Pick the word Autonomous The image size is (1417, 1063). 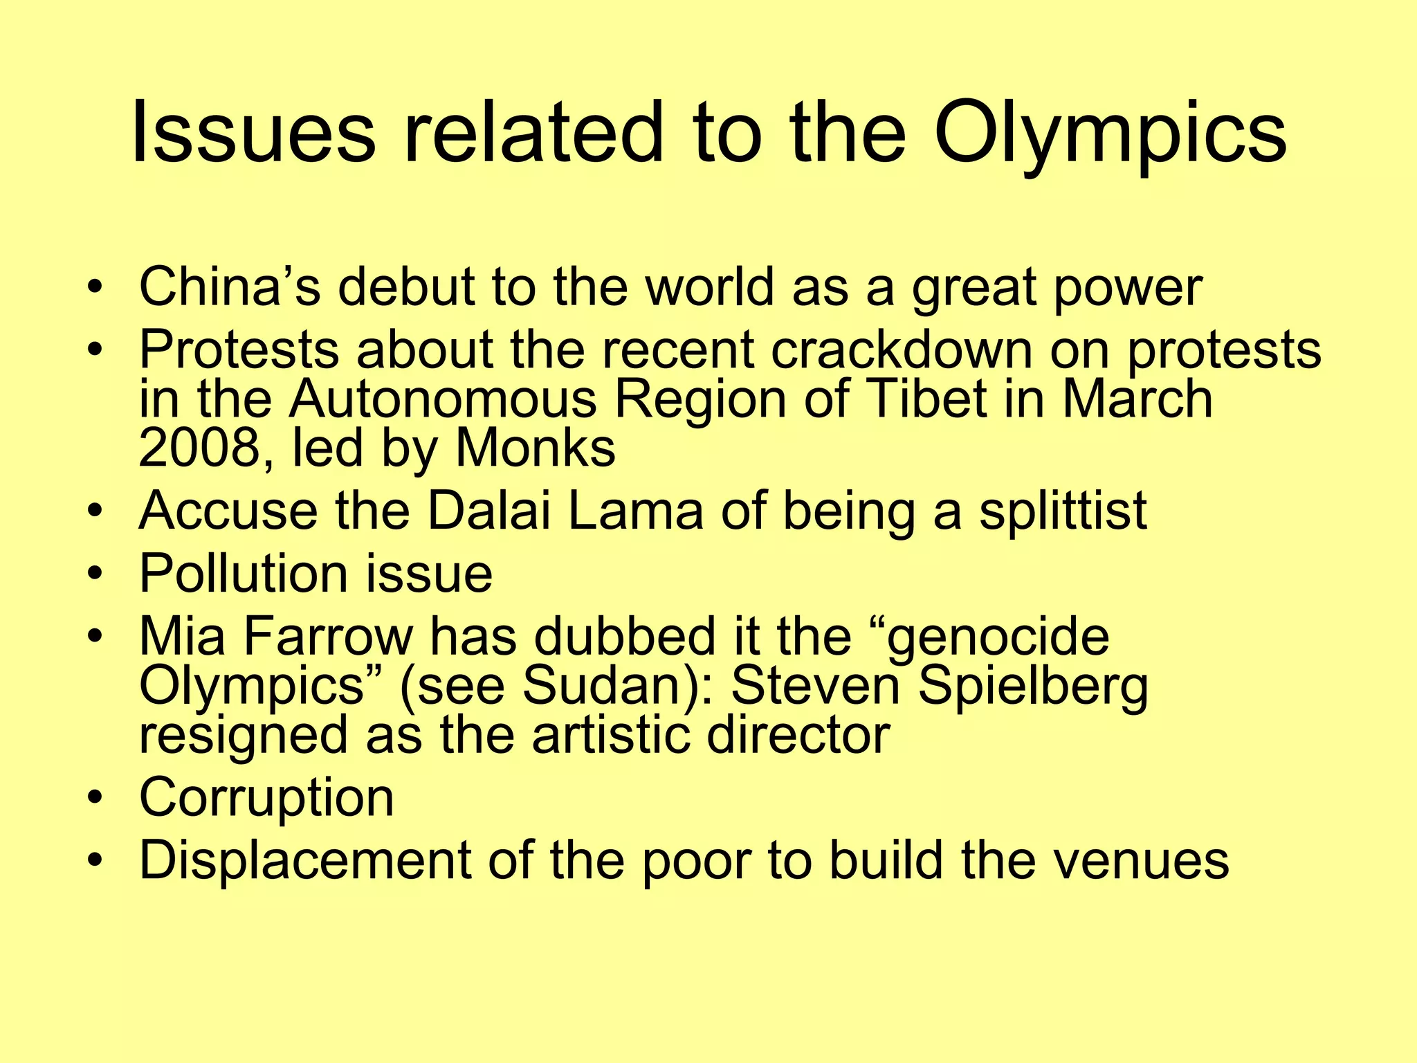click(443, 399)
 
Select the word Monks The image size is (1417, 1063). click(536, 448)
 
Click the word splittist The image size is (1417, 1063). click(1063, 511)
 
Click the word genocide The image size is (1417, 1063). click(996, 636)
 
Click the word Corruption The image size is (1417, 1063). click(266, 797)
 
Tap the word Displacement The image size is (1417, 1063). click(304, 860)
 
